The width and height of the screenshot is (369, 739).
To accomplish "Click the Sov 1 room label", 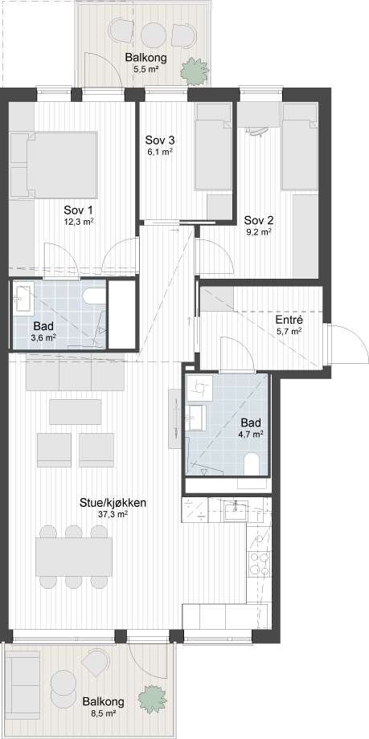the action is [78, 209].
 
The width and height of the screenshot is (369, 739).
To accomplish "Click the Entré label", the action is [289, 321].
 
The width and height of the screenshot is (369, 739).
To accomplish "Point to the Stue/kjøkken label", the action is [113, 502].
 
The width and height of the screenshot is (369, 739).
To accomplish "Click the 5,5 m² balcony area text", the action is [146, 69].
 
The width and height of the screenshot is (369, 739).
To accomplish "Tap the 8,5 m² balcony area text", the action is [104, 713].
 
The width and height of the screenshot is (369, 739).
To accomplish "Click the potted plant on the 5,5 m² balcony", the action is [194, 70].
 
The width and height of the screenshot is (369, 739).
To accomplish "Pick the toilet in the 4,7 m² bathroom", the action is [252, 464].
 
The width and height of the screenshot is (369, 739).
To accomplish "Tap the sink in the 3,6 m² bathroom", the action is [22, 297].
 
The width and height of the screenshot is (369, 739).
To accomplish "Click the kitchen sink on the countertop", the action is [236, 511].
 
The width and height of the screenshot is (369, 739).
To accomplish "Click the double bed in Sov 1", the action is [54, 165].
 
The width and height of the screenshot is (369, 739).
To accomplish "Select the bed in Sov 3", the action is [214, 147].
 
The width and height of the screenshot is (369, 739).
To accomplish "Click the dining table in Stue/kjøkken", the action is [74, 557].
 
